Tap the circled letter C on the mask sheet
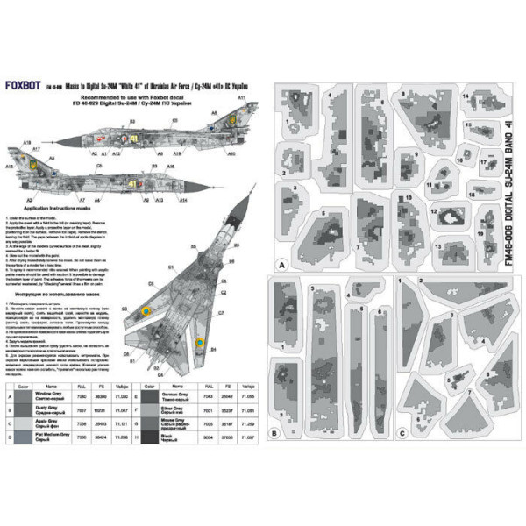tap(401, 432)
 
